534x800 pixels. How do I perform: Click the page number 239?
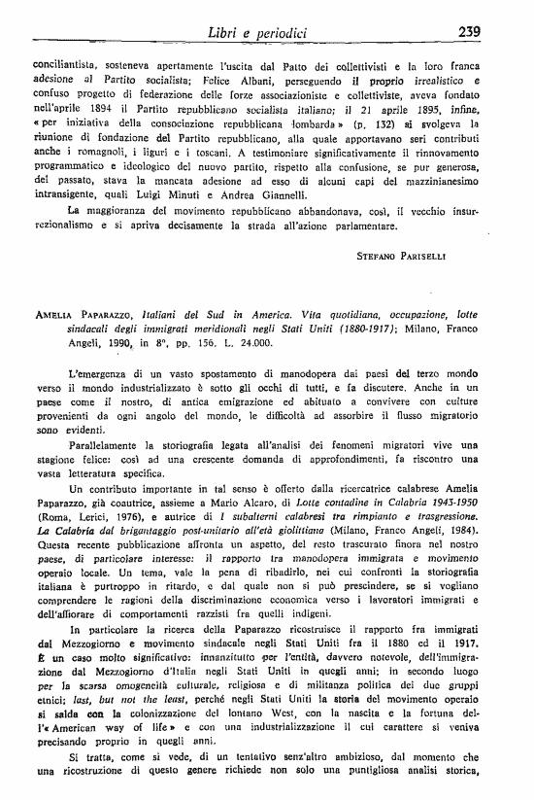(x=470, y=32)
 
